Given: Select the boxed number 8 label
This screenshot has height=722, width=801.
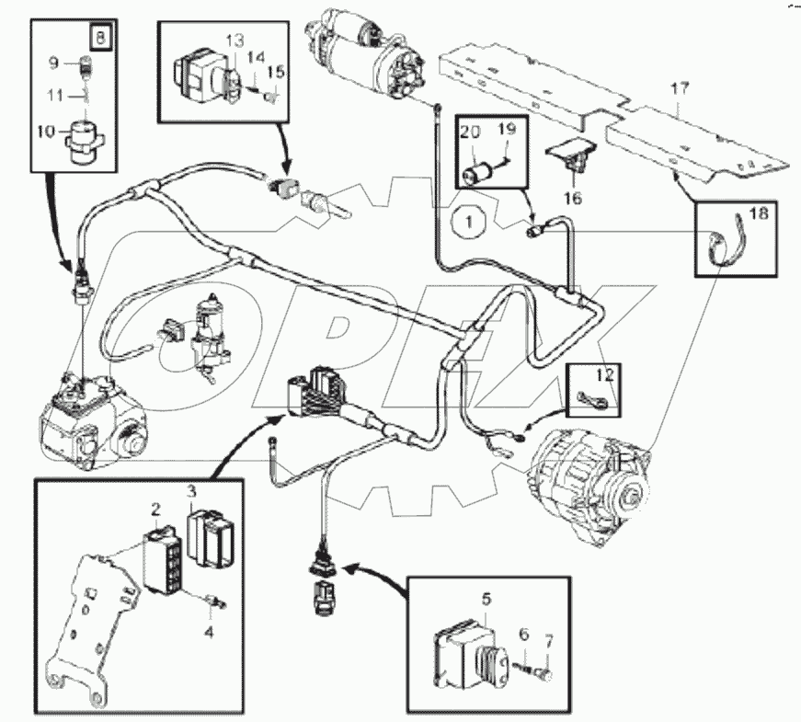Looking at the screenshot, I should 98,40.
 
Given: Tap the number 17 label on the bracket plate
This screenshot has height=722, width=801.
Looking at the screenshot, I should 679,90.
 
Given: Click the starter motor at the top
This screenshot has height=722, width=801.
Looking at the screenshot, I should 363,52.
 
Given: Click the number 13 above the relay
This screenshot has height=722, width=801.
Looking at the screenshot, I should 235,41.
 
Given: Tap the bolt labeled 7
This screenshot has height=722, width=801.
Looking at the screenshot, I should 548,677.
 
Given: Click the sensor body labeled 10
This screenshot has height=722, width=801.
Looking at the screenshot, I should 85,136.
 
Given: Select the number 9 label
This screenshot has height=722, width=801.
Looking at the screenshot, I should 53,63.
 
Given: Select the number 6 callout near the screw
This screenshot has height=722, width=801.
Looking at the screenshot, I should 523,635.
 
